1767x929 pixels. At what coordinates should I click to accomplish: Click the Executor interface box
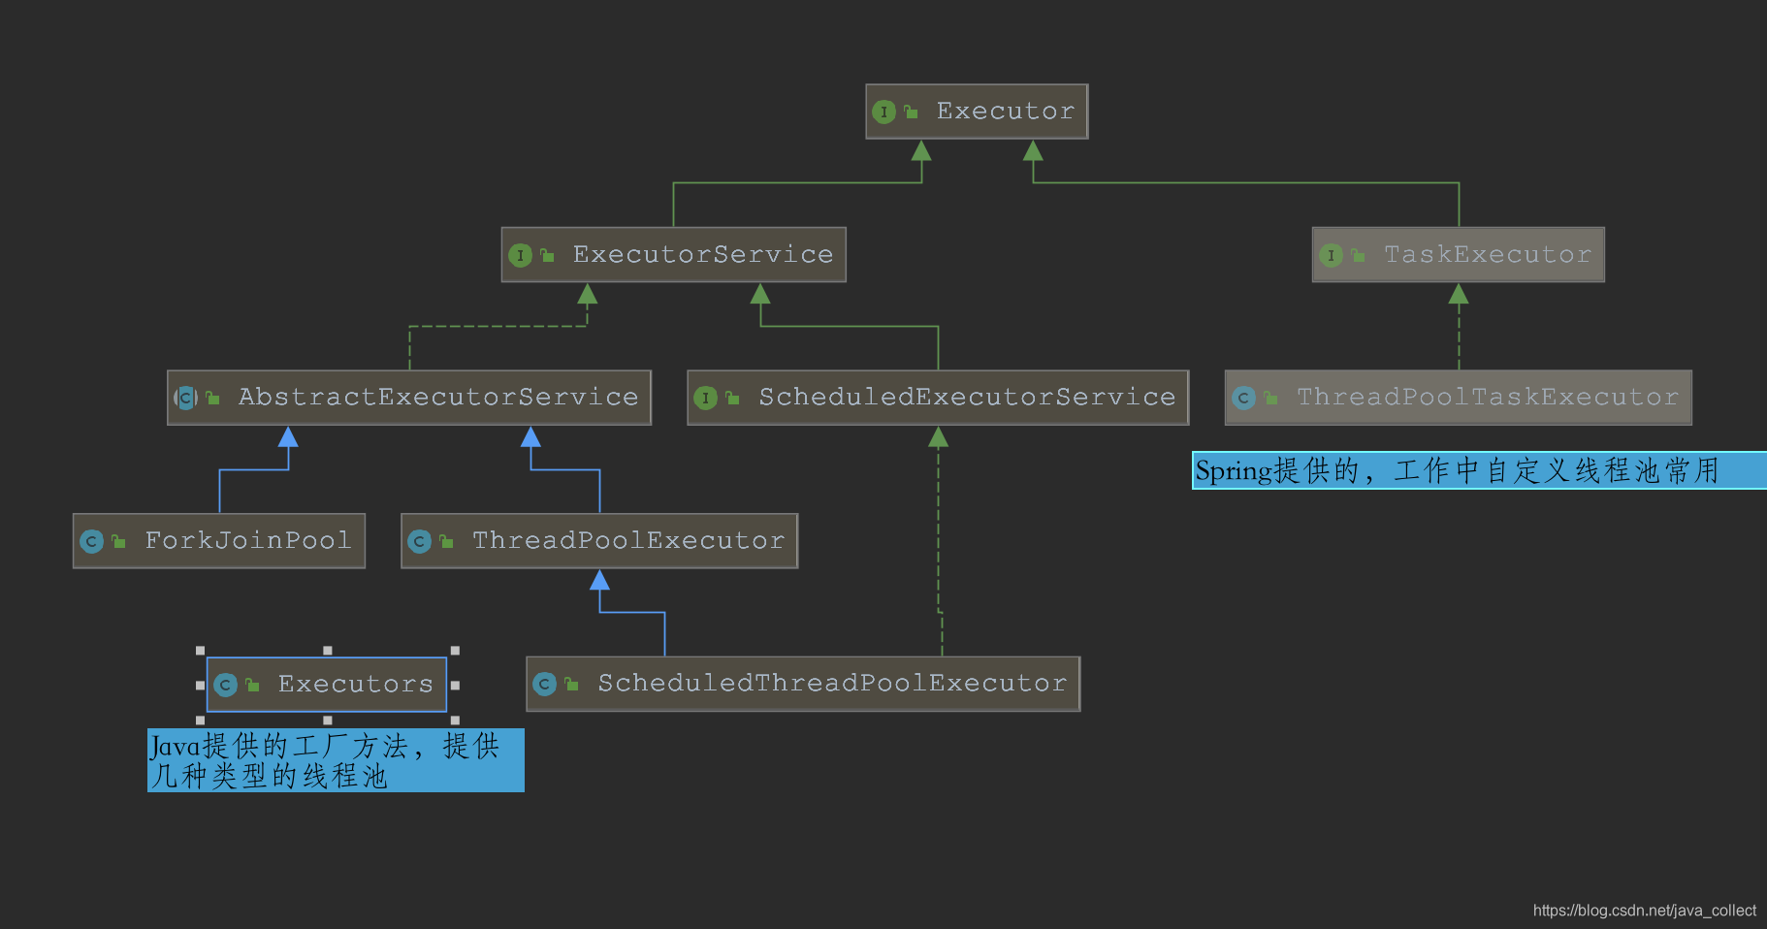pos(977,112)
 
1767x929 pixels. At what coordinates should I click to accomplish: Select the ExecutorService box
pos(673,255)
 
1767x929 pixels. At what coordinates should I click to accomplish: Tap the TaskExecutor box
pos(1459,255)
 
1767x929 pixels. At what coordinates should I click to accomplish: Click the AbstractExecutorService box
pos(409,398)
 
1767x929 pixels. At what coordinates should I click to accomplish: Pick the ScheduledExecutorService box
pos(938,398)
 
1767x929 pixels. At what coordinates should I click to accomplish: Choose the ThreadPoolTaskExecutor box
pos(1459,398)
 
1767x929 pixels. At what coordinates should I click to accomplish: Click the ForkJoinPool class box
pos(219,541)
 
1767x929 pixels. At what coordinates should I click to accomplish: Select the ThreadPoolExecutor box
pos(599,541)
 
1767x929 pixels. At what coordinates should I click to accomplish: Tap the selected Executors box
pos(327,685)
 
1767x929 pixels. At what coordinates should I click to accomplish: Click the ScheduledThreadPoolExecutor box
pos(803,684)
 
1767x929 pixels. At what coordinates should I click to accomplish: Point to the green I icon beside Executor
pos(883,112)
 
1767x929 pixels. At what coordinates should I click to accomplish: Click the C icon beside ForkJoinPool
pos(91,541)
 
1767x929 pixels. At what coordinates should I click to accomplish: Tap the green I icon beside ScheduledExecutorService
pos(706,399)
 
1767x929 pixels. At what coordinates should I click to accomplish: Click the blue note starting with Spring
pos(1479,470)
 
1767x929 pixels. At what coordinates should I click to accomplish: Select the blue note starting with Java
pos(336,760)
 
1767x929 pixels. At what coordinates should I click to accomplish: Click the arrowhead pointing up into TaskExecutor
pos(1459,294)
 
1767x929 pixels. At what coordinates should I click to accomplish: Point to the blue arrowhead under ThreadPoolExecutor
pos(600,580)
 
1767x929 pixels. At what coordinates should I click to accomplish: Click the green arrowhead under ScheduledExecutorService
pos(938,437)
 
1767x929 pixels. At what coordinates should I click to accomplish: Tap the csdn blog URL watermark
pos(1645,911)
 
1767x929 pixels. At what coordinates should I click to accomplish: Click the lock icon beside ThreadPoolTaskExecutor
pos(1270,398)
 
